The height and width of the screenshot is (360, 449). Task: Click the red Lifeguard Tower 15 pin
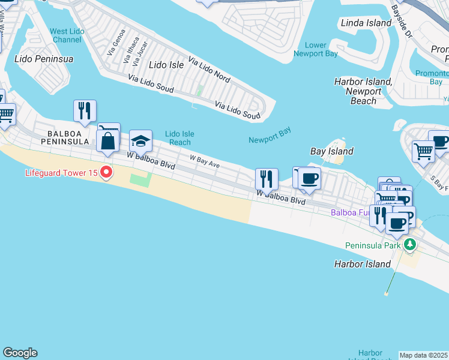[x=106, y=173]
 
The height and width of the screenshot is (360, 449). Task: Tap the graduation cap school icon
[x=141, y=141]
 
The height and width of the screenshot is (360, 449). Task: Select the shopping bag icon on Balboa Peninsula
[x=108, y=141]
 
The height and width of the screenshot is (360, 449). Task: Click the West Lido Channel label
[x=66, y=35]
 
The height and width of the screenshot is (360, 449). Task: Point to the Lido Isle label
[x=166, y=64]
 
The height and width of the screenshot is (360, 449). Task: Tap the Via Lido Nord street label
[x=209, y=69]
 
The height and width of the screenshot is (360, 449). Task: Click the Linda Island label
[x=366, y=23]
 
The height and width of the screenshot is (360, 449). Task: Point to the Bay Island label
[x=331, y=151]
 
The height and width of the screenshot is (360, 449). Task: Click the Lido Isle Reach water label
[x=179, y=138]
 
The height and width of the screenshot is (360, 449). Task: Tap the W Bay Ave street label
[x=205, y=161]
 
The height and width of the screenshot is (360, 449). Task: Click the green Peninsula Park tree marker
[x=410, y=244]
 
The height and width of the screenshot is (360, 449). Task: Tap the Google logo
[x=20, y=353]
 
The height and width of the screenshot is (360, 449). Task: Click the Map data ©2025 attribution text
[x=424, y=355]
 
